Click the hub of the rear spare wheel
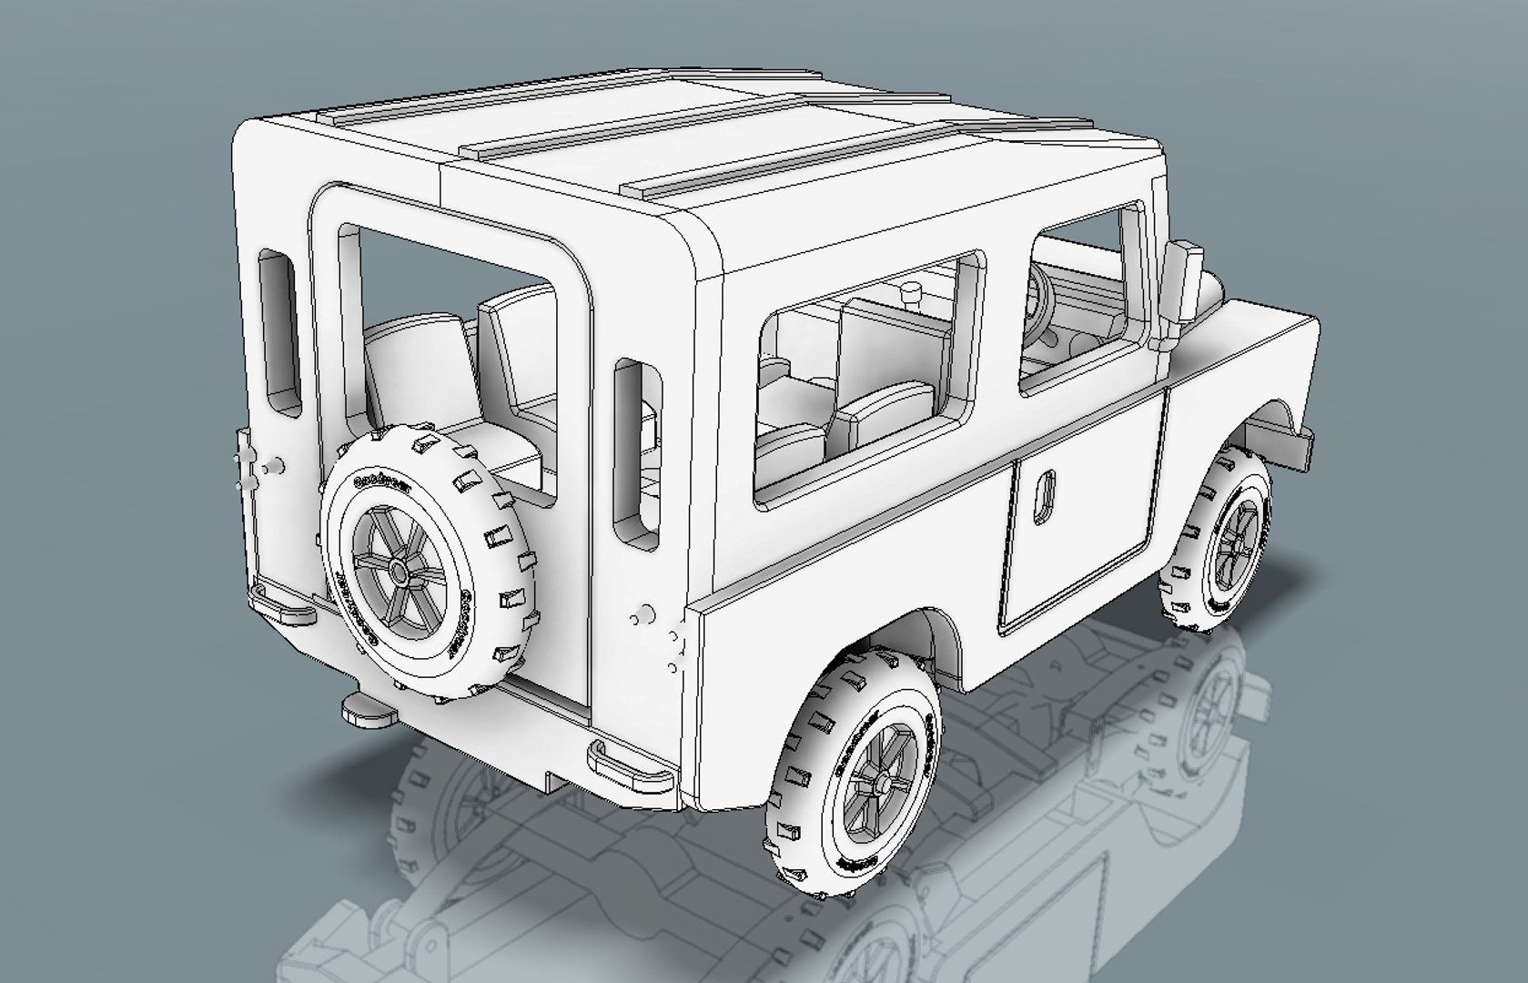398,573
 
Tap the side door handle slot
1046,497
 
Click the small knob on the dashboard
910,293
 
